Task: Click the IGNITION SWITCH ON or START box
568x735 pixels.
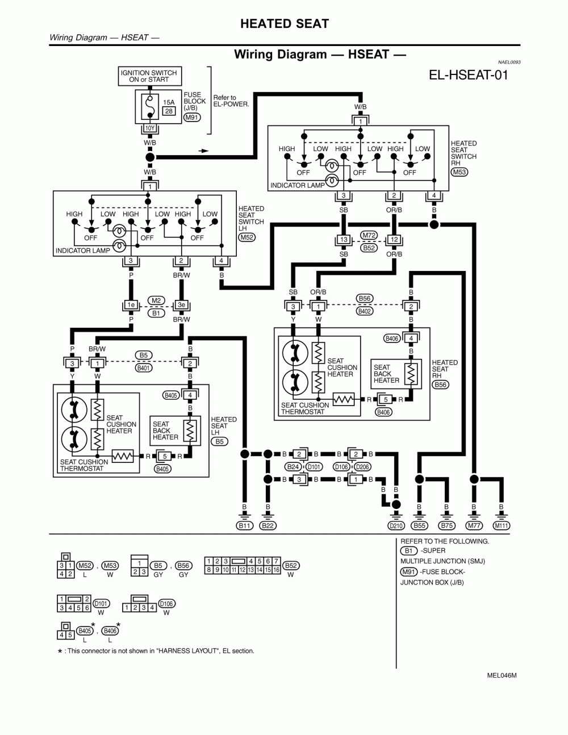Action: (x=149, y=76)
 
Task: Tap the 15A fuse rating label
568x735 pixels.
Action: (x=169, y=103)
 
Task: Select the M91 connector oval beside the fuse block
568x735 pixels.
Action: (x=191, y=118)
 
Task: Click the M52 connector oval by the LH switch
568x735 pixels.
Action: (x=247, y=237)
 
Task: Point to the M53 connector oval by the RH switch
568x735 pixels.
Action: (x=459, y=172)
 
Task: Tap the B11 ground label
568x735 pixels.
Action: (x=244, y=526)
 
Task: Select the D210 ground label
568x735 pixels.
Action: (x=396, y=526)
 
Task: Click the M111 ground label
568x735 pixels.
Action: (x=501, y=526)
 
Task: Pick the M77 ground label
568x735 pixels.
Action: (x=474, y=526)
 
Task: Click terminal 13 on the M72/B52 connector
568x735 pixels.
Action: (x=344, y=240)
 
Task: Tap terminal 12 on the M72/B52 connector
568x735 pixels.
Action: (x=394, y=240)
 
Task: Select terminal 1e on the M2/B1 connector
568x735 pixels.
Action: (x=131, y=305)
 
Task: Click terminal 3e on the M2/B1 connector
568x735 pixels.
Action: (x=181, y=305)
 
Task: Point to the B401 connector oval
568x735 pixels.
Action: (x=143, y=368)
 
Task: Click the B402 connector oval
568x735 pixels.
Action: (x=364, y=311)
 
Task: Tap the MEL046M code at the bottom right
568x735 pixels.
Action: (x=502, y=675)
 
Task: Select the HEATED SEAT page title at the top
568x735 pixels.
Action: (x=284, y=23)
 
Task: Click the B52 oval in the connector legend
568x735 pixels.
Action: (x=291, y=566)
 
